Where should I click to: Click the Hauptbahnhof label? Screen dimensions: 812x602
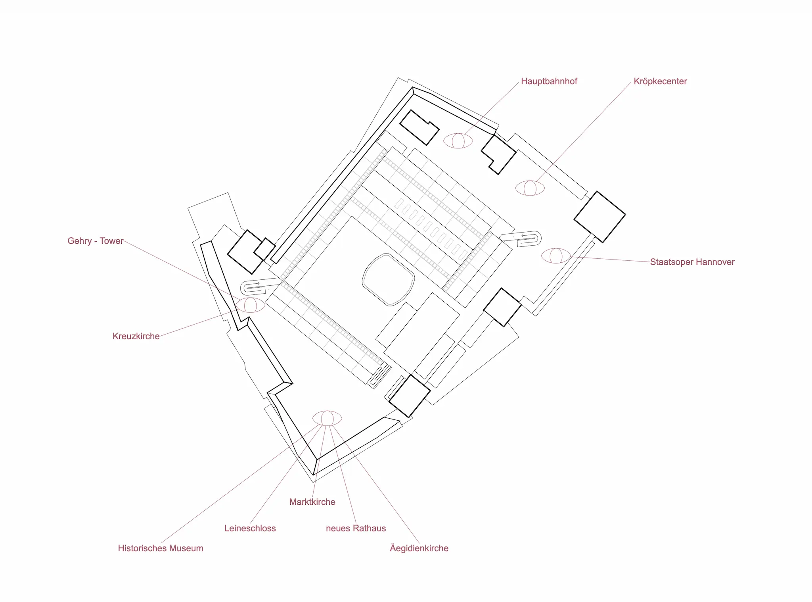(549, 81)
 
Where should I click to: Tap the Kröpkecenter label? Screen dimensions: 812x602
(660, 81)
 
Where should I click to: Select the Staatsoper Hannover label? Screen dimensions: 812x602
(692, 262)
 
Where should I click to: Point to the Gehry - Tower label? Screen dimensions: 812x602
(96, 241)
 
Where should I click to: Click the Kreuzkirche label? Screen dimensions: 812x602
(136, 336)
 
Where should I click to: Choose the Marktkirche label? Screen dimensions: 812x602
(312, 502)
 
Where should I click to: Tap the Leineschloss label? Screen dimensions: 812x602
(250, 528)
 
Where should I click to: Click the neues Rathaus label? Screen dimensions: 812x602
(356, 528)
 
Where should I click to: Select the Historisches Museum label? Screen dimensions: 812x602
(161, 548)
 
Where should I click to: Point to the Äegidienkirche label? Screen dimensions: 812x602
(419, 548)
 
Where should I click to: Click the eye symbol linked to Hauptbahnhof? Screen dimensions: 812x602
(458, 141)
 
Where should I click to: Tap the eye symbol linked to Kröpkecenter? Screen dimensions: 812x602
(530, 188)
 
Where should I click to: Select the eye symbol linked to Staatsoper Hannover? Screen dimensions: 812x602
(556, 256)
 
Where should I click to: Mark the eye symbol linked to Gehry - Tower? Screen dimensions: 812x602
(250, 305)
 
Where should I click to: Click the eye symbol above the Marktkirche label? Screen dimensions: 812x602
(327, 418)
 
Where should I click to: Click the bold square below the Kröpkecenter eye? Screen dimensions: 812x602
(599, 217)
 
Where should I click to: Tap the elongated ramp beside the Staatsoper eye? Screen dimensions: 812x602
(520, 238)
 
